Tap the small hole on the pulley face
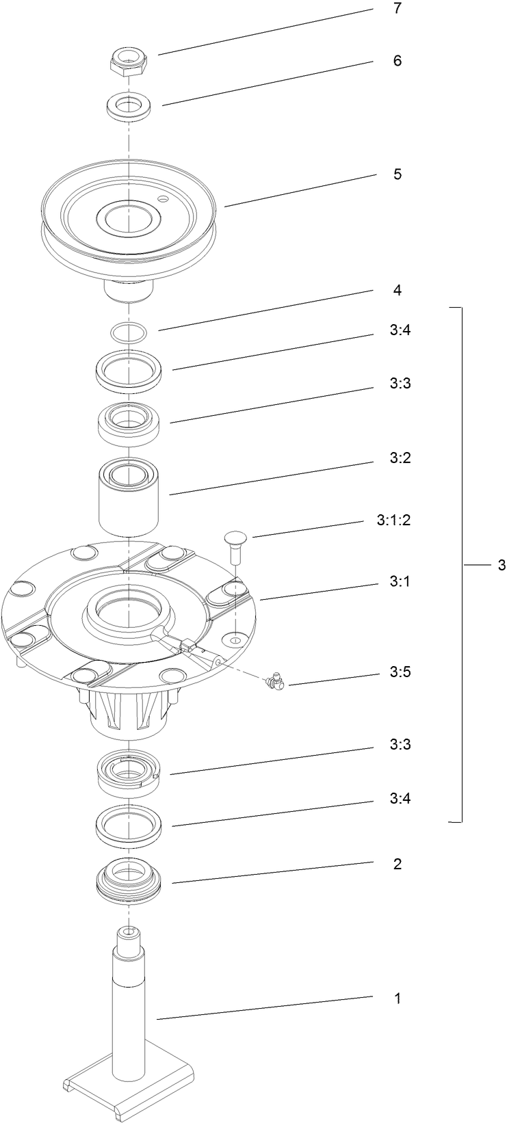tap(162, 198)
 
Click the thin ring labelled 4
tap(129, 333)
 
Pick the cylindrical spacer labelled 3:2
tap(129, 497)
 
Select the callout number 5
tap(397, 174)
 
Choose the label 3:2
tap(400, 457)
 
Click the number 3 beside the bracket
tap(502, 565)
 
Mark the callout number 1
tap(397, 999)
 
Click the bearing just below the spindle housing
tap(129, 773)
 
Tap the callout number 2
tap(397, 864)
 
